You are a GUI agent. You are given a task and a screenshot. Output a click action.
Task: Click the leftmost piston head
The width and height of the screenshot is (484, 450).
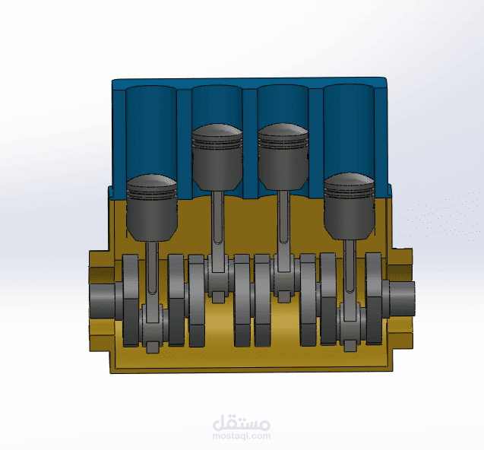(151, 208)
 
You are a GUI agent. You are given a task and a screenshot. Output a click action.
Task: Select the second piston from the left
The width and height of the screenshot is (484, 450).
(217, 157)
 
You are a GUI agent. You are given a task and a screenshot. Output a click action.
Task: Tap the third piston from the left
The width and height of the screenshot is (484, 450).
(283, 157)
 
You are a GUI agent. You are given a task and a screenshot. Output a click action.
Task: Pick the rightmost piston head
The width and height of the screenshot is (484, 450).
(349, 206)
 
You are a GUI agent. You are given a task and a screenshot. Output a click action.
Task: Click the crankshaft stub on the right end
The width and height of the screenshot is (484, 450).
(401, 298)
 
